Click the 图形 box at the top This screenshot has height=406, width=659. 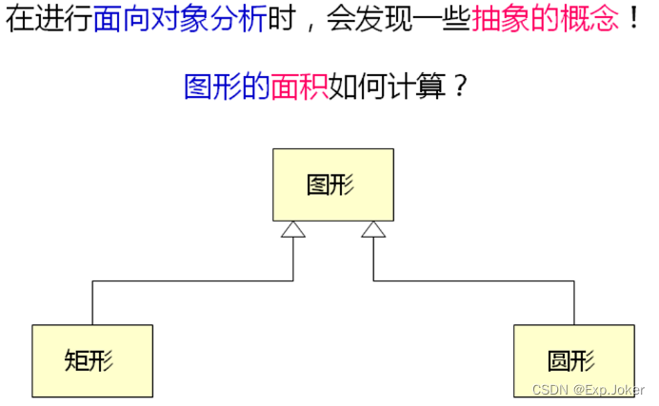tap(332, 184)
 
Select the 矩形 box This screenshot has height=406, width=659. tap(92, 360)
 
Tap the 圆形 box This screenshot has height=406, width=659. tap(573, 360)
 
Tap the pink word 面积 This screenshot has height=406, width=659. tap(302, 87)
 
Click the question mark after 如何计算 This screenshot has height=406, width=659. tap(460, 87)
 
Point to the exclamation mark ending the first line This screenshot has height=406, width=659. tap(633, 21)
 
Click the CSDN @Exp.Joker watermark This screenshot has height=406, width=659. tap(588, 391)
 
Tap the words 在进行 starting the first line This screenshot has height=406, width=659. tap(49, 21)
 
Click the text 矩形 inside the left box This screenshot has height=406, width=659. tap(92, 360)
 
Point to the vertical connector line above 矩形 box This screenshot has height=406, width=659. tap(92, 302)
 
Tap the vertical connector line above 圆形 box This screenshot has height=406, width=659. tap(573, 302)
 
